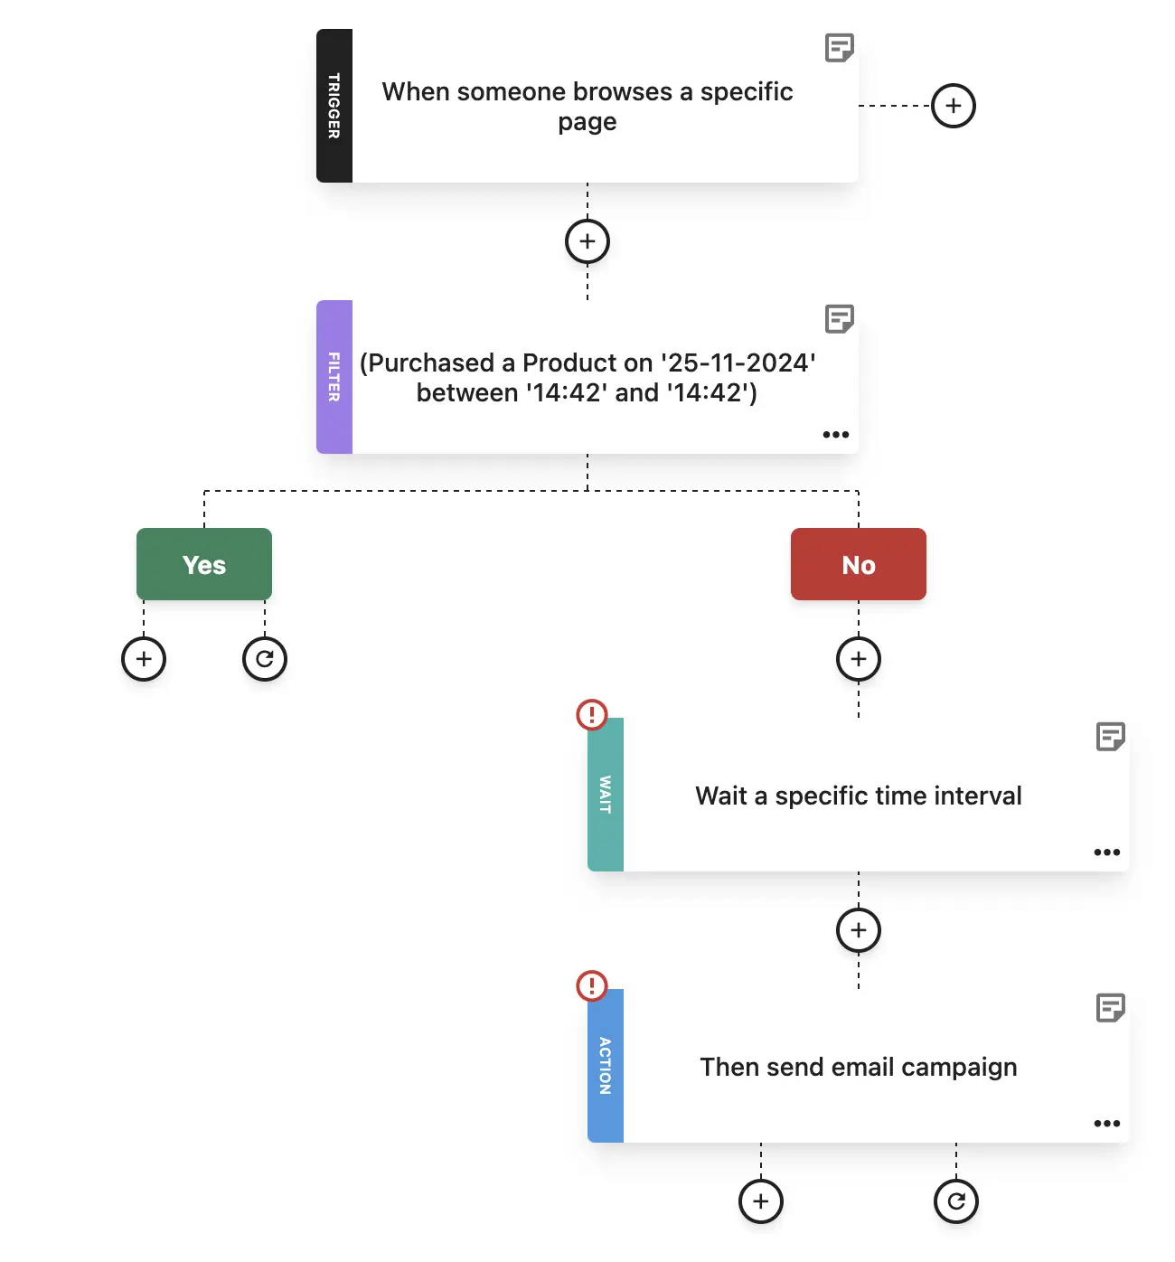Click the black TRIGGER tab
(x=334, y=106)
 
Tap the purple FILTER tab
(x=334, y=377)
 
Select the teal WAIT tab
(x=605, y=795)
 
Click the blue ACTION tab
(x=605, y=1066)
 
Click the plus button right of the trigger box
(x=954, y=106)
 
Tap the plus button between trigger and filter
(x=587, y=241)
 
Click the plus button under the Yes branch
(x=144, y=659)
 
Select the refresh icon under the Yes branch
(x=264, y=659)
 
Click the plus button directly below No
(x=859, y=659)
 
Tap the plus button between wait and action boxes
(x=859, y=930)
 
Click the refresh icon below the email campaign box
(x=955, y=1201)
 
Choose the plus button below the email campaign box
(x=761, y=1201)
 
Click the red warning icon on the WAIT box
(x=592, y=714)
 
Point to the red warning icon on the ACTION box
(x=592, y=985)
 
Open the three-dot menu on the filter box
(x=836, y=435)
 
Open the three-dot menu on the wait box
(x=1107, y=852)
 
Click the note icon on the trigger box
(x=839, y=48)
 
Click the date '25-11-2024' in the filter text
(x=738, y=363)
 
